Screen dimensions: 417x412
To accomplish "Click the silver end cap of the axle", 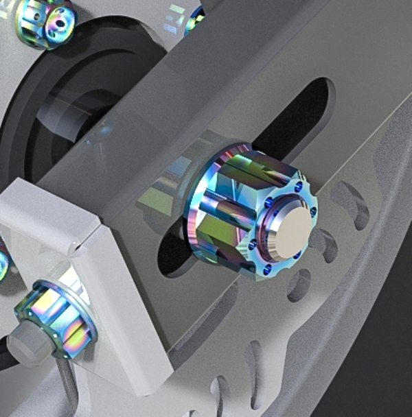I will pyautogui.click(x=288, y=230).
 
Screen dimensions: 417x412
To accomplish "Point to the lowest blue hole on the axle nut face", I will pyautogui.click(x=266, y=270).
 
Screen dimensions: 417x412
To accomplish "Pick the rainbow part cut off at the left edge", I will pyautogui.click(x=3, y=264).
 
